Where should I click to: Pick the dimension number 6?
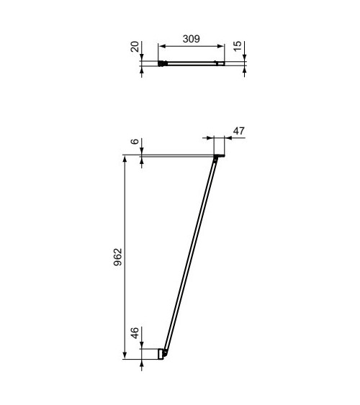click(135, 142)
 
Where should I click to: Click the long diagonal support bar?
click(190, 255)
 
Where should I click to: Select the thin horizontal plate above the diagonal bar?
click(180, 155)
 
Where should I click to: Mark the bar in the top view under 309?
click(191, 63)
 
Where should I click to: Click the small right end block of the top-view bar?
click(221, 63)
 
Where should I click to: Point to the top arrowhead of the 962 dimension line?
click(126, 160)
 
